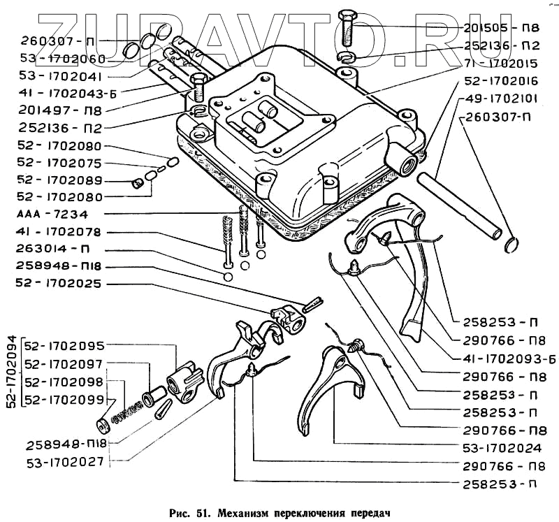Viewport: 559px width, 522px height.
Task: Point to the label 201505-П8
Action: [x=501, y=28]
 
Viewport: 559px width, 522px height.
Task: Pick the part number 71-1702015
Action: [x=501, y=63]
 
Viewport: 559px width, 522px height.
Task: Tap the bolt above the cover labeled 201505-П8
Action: [x=348, y=28]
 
